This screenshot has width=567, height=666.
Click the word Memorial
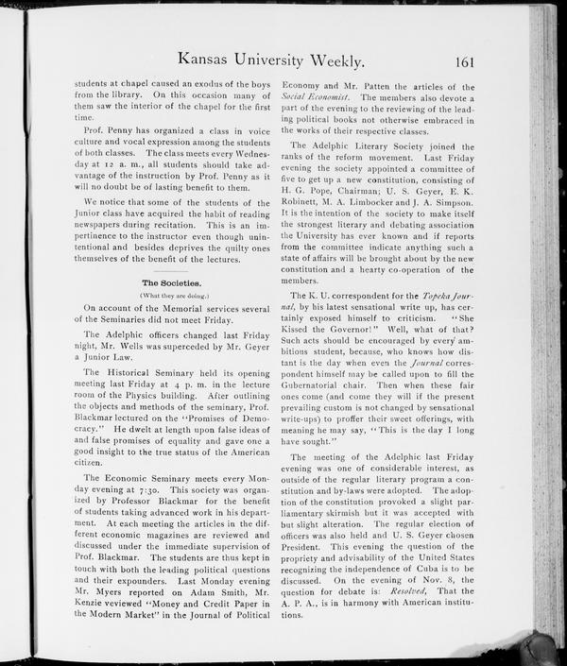[189, 308]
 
